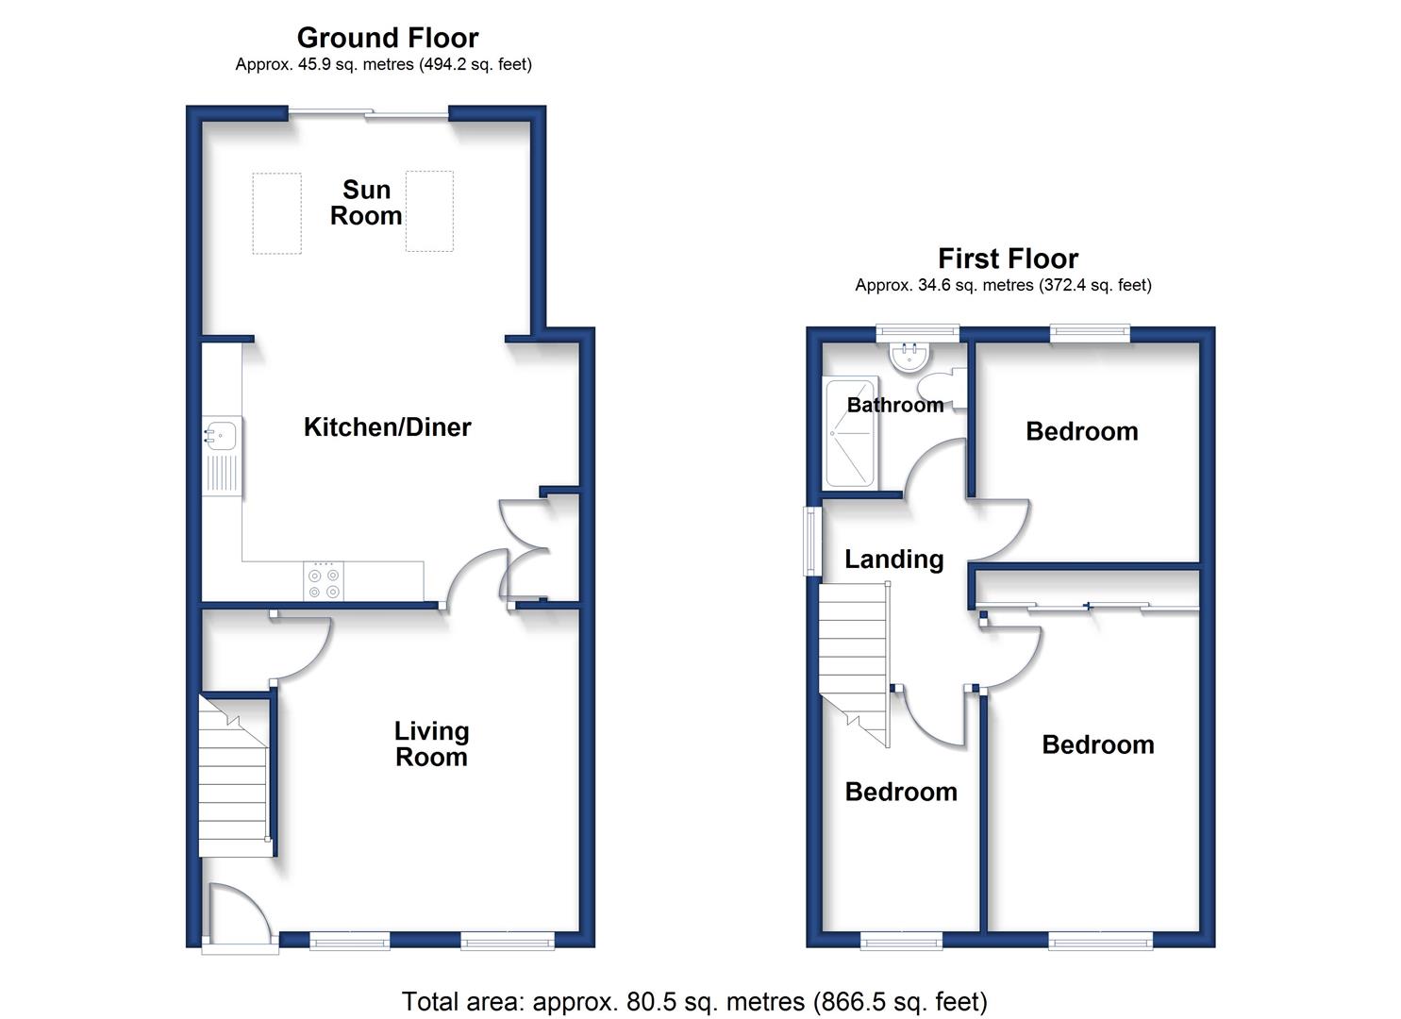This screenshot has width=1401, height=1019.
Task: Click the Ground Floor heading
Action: pyautogui.click(x=388, y=38)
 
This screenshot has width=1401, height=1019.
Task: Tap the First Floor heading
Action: pyautogui.click(x=1008, y=259)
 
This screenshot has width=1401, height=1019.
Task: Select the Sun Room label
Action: pyautogui.click(x=366, y=203)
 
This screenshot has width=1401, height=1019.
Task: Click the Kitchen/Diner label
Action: pyautogui.click(x=387, y=427)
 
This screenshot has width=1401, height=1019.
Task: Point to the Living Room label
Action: pyautogui.click(x=431, y=743)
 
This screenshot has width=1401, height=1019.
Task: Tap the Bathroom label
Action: pyautogui.click(x=895, y=405)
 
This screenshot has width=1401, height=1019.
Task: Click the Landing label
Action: pyautogui.click(x=893, y=560)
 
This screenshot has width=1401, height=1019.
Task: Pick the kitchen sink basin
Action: pyautogui.click(x=220, y=435)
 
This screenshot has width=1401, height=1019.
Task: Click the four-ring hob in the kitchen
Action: pyautogui.click(x=324, y=582)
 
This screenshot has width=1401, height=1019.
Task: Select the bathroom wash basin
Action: pyautogui.click(x=910, y=358)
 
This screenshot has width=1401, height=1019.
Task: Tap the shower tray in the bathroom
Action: pyautogui.click(x=850, y=431)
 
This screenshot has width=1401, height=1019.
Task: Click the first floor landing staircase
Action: pyautogui.click(x=855, y=664)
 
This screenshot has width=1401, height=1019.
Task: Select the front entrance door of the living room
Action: pyautogui.click(x=241, y=917)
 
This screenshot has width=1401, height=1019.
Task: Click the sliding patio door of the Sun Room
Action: pyautogui.click(x=368, y=113)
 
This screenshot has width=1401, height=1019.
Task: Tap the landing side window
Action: pyautogui.click(x=812, y=541)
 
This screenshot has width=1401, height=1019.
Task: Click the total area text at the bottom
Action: pyautogui.click(x=694, y=1001)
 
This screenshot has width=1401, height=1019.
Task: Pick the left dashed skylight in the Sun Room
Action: pyautogui.click(x=277, y=213)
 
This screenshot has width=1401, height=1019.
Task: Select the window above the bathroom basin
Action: pyautogui.click(x=918, y=333)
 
